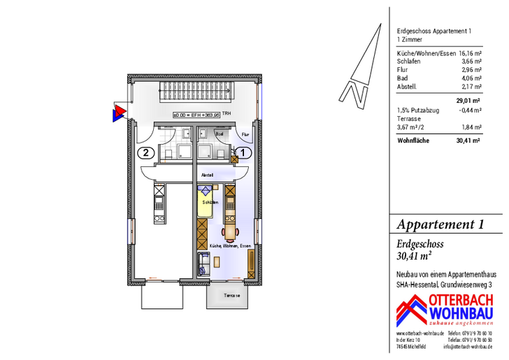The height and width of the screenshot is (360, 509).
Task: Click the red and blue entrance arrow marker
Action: pos(119,111)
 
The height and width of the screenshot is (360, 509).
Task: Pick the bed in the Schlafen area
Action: pos(208,200)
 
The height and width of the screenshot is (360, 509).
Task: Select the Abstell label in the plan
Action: pos(207,175)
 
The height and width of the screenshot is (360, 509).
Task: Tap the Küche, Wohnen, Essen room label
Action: pos(230,247)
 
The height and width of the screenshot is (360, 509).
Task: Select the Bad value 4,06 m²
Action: pos(473,78)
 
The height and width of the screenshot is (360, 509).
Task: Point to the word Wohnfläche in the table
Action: pos(413,140)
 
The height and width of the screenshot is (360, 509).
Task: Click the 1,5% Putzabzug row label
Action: pos(417,110)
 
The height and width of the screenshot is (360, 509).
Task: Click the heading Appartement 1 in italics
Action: pos(440,224)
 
